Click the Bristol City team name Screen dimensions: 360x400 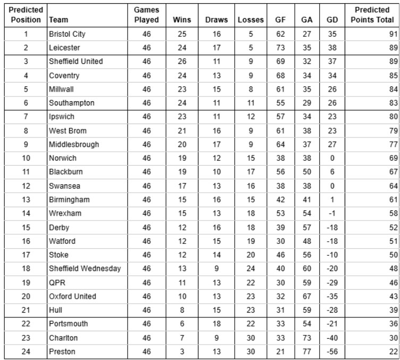[67, 34]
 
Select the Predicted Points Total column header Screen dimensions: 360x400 [372, 15]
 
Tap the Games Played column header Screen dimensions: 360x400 [146, 15]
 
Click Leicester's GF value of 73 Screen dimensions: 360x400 [280, 48]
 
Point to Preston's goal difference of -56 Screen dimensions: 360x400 [332, 351]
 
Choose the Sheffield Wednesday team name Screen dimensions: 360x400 [85, 268]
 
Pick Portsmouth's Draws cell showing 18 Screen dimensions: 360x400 [216, 324]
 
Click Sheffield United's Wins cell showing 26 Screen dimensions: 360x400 [182, 61]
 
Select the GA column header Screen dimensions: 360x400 [307, 20]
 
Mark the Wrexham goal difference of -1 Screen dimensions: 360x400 [332, 213]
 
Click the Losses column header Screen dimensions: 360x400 [251, 20]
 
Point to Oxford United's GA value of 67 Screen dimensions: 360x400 [307, 296]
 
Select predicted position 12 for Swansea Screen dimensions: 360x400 [26, 186]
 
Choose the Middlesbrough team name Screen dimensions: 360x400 [73, 144]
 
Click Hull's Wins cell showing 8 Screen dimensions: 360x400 [182, 310]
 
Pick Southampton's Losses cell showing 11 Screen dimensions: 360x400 [251, 103]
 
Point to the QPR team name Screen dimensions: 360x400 [57, 282]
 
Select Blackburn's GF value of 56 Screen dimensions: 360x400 [280, 172]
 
